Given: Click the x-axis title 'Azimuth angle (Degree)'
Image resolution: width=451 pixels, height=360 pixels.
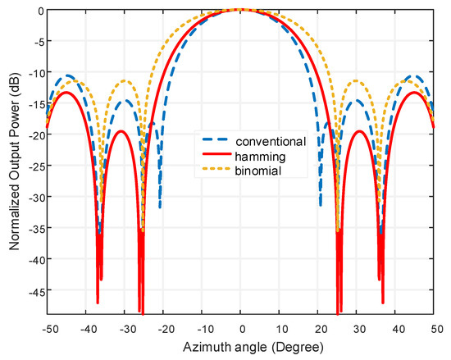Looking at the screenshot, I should (240, 344).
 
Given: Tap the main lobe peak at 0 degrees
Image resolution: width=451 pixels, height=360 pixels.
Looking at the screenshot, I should (240, 10).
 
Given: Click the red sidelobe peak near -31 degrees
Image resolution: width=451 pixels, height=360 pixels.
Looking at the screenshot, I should (121, 131).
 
